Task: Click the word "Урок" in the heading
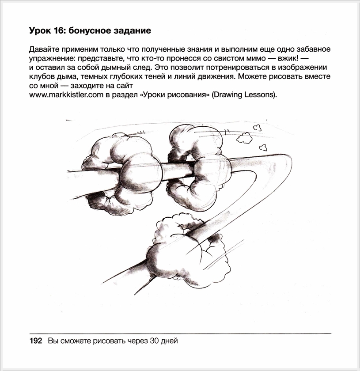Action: click(x=39, y=31)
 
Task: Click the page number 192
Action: click(x=35, y=341)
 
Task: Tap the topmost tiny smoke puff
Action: click(x=256, y=127)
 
